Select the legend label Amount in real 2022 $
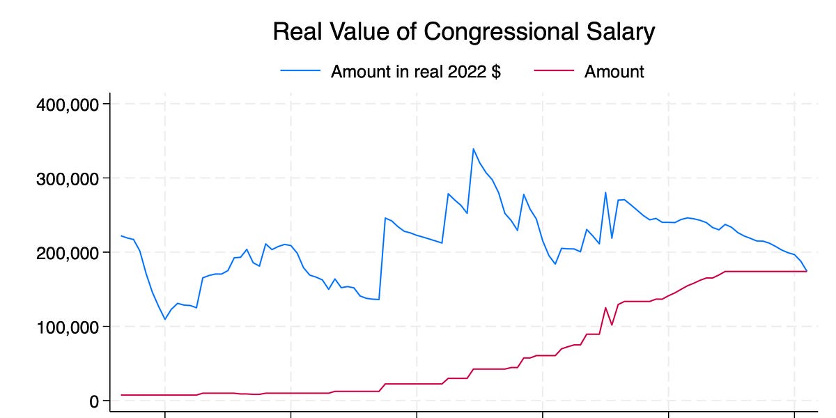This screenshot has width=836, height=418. click(415, 72)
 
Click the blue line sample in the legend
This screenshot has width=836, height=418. click(300, 72)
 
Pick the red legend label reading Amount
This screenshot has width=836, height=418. click(614, 72)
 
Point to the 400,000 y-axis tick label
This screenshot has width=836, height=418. click(68, 104)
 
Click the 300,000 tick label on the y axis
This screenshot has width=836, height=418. click(68, 178)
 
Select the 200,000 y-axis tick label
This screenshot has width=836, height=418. click(68, 253)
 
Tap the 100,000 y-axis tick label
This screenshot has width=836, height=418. click(68, 327)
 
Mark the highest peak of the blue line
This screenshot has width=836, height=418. click(473, 148)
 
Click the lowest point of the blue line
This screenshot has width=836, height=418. click(165, 319)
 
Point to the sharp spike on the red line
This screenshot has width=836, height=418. click(605, 307)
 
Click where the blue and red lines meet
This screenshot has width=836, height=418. click(806, 271)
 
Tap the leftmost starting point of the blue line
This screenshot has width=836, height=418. click(121, 235)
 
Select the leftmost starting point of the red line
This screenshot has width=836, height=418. click(121, 395)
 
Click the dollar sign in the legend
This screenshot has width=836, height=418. click(495, 72)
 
